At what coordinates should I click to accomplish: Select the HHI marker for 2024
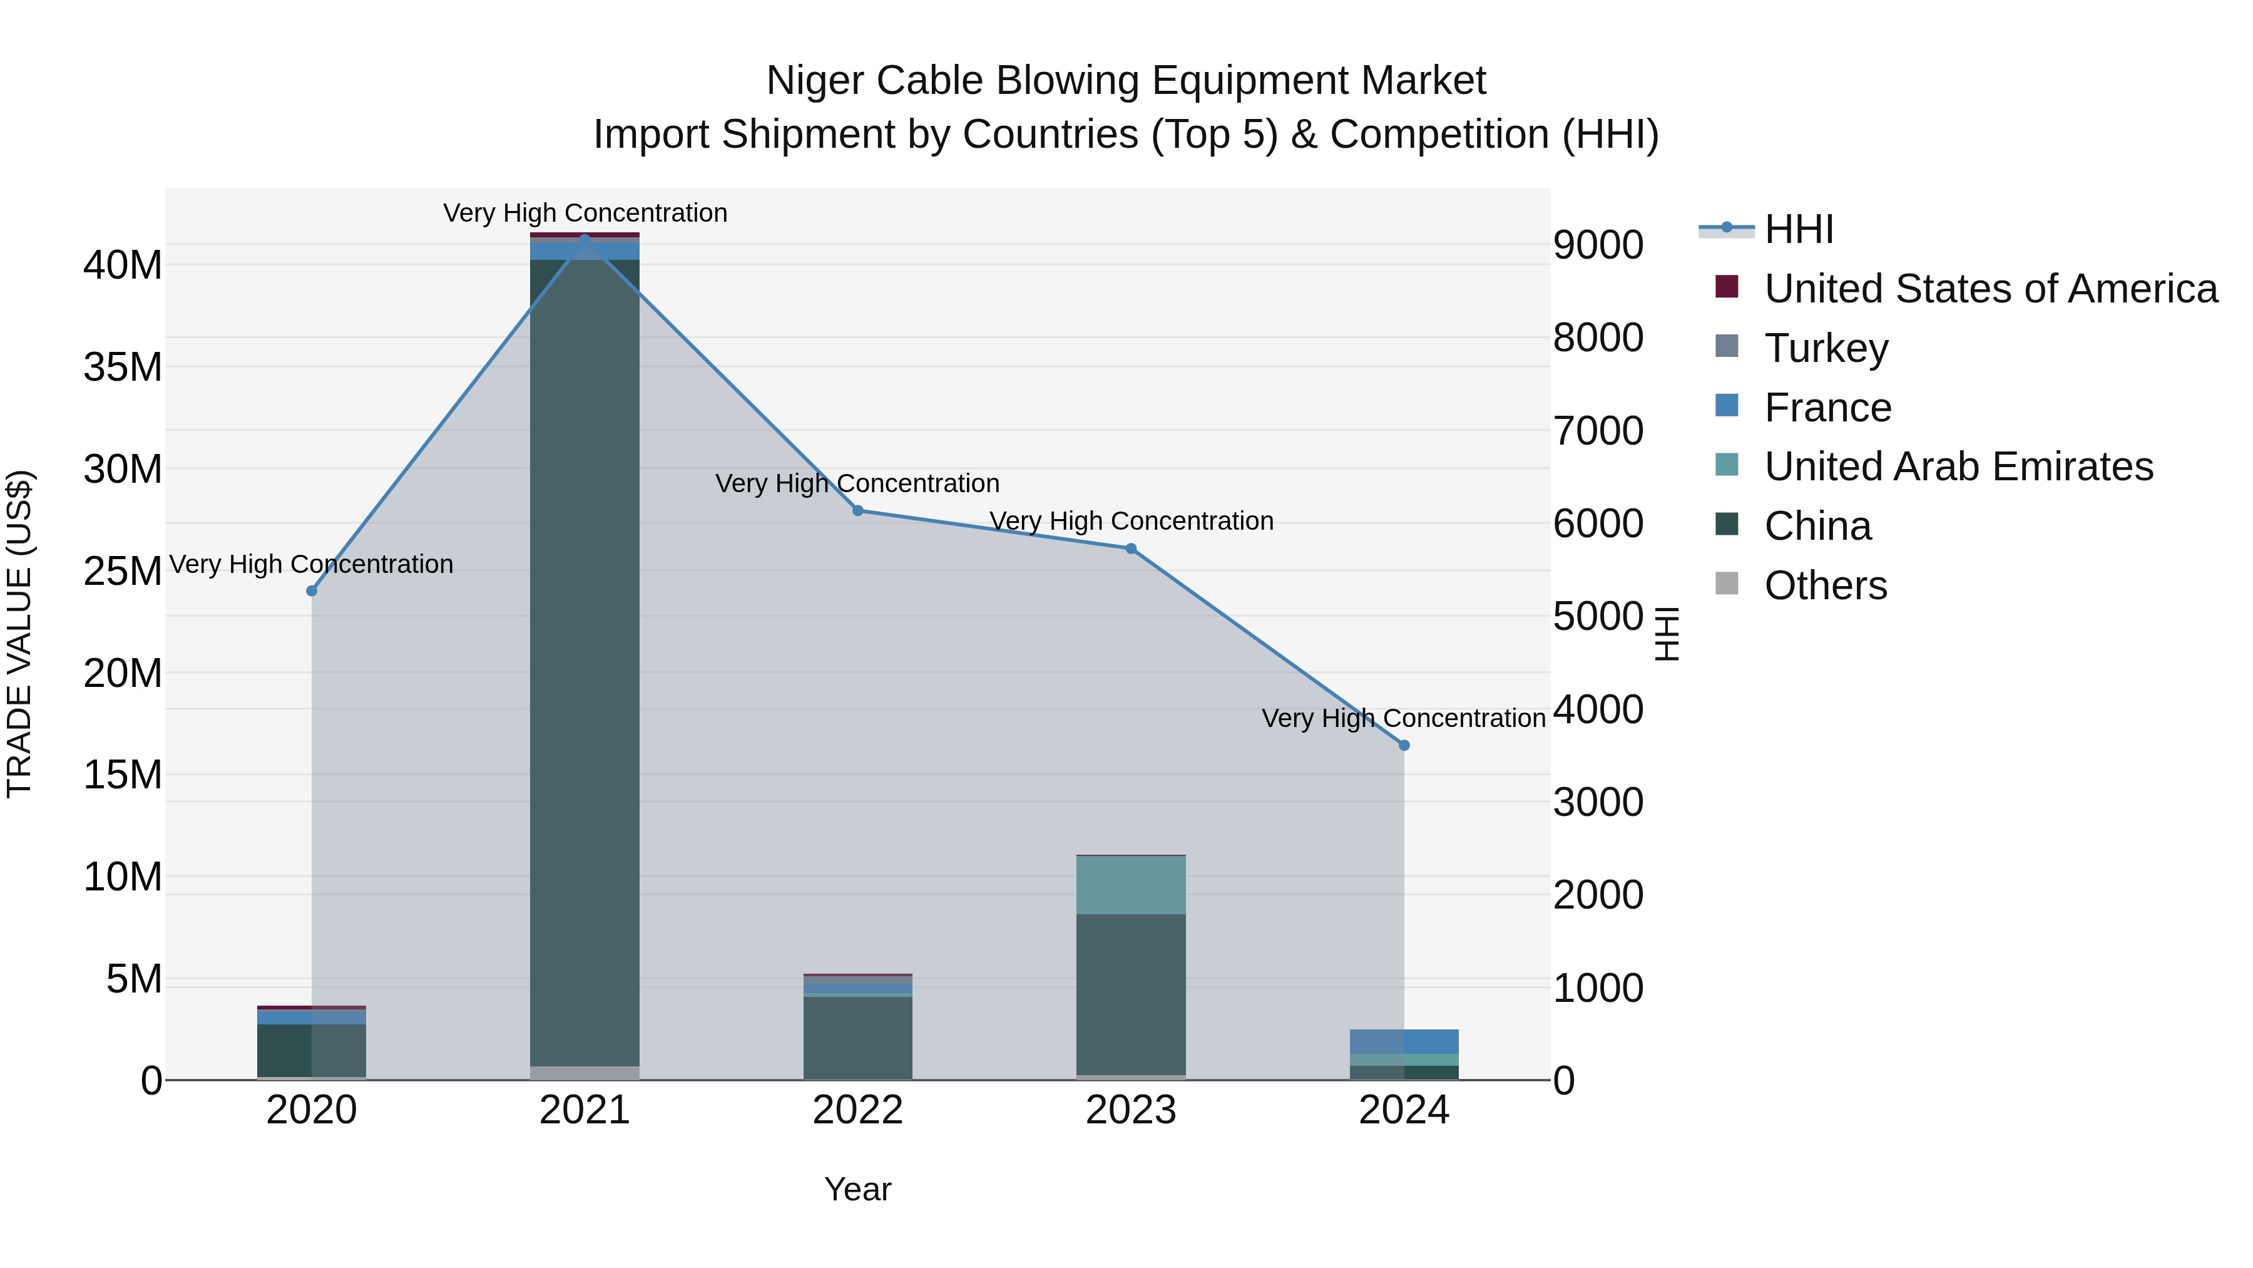1404,746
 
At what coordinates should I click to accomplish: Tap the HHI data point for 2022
857,510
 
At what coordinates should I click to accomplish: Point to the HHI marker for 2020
312,590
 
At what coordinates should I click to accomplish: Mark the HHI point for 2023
1131,549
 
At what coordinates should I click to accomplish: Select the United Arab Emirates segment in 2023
1131,885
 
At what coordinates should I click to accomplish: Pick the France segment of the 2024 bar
1404,1041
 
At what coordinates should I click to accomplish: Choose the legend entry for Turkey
1826,348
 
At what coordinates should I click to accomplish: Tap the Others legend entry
1826,585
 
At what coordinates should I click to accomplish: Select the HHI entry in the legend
1798,229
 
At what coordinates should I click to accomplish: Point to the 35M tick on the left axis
123,367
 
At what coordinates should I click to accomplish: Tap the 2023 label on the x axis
1131,1110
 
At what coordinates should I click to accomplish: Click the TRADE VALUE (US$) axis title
19,634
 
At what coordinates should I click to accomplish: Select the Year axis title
857,1189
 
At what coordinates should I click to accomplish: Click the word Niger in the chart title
815,81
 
